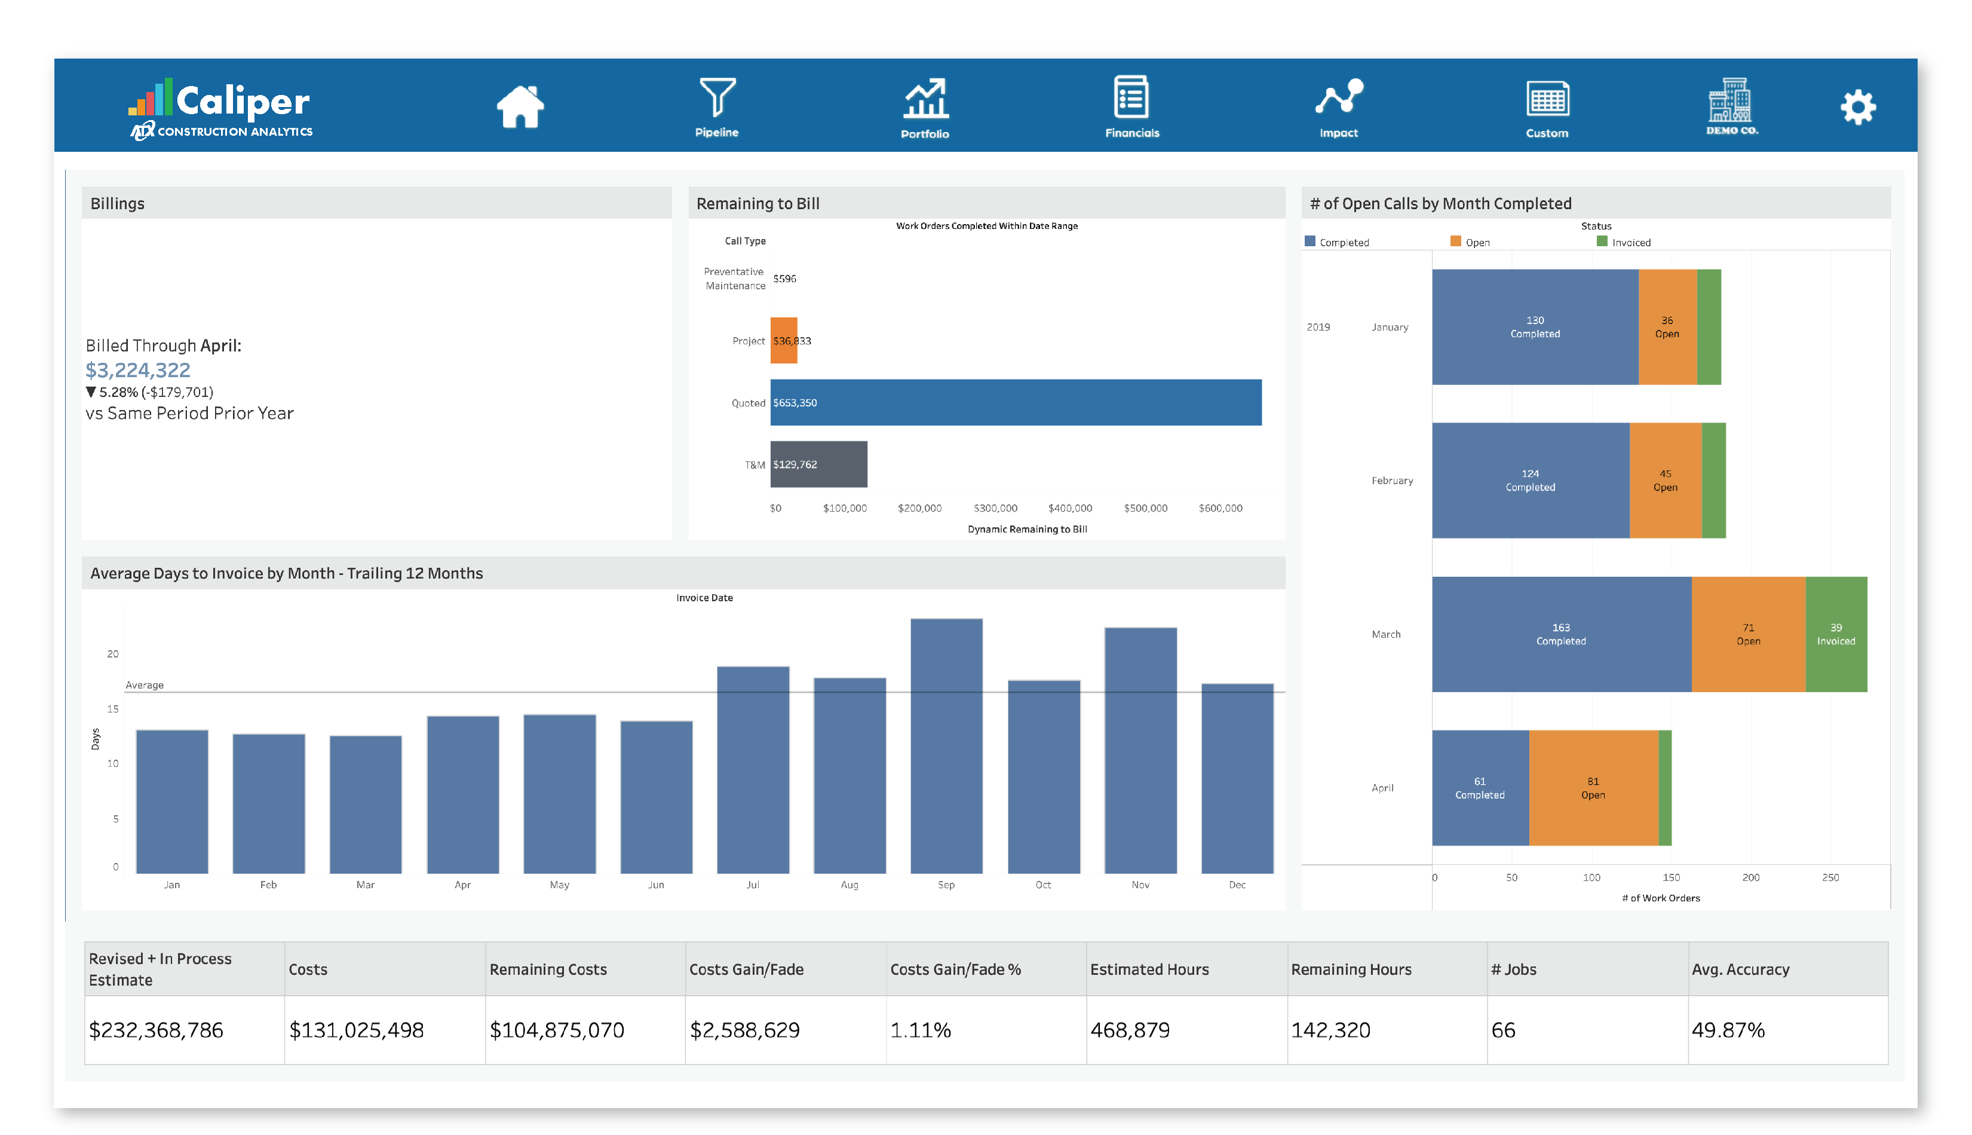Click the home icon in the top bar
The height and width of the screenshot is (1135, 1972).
point(520,107)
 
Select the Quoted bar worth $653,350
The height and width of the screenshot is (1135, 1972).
point(1015,402)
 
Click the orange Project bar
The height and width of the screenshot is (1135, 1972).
point(784,340)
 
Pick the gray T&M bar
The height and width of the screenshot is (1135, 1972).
point(818,464)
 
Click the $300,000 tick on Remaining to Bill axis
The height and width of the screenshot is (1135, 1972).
point(995,508)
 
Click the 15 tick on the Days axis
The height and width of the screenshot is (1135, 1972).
point(113,709)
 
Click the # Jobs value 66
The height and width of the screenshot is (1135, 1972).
point(1503,1030)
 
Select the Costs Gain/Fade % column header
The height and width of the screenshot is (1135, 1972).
point(955,969)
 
